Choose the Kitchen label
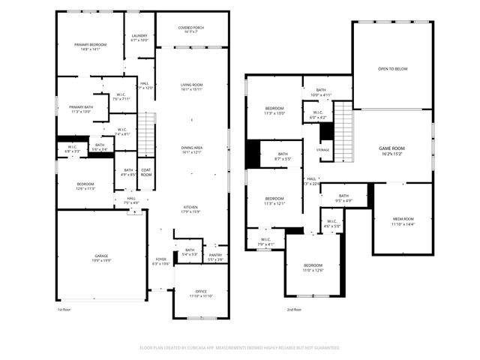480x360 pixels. [192, 209]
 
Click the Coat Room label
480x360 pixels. [146, 172]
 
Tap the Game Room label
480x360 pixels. [391, 151]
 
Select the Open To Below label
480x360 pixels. [393, 68]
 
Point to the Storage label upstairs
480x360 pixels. [322, 150]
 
